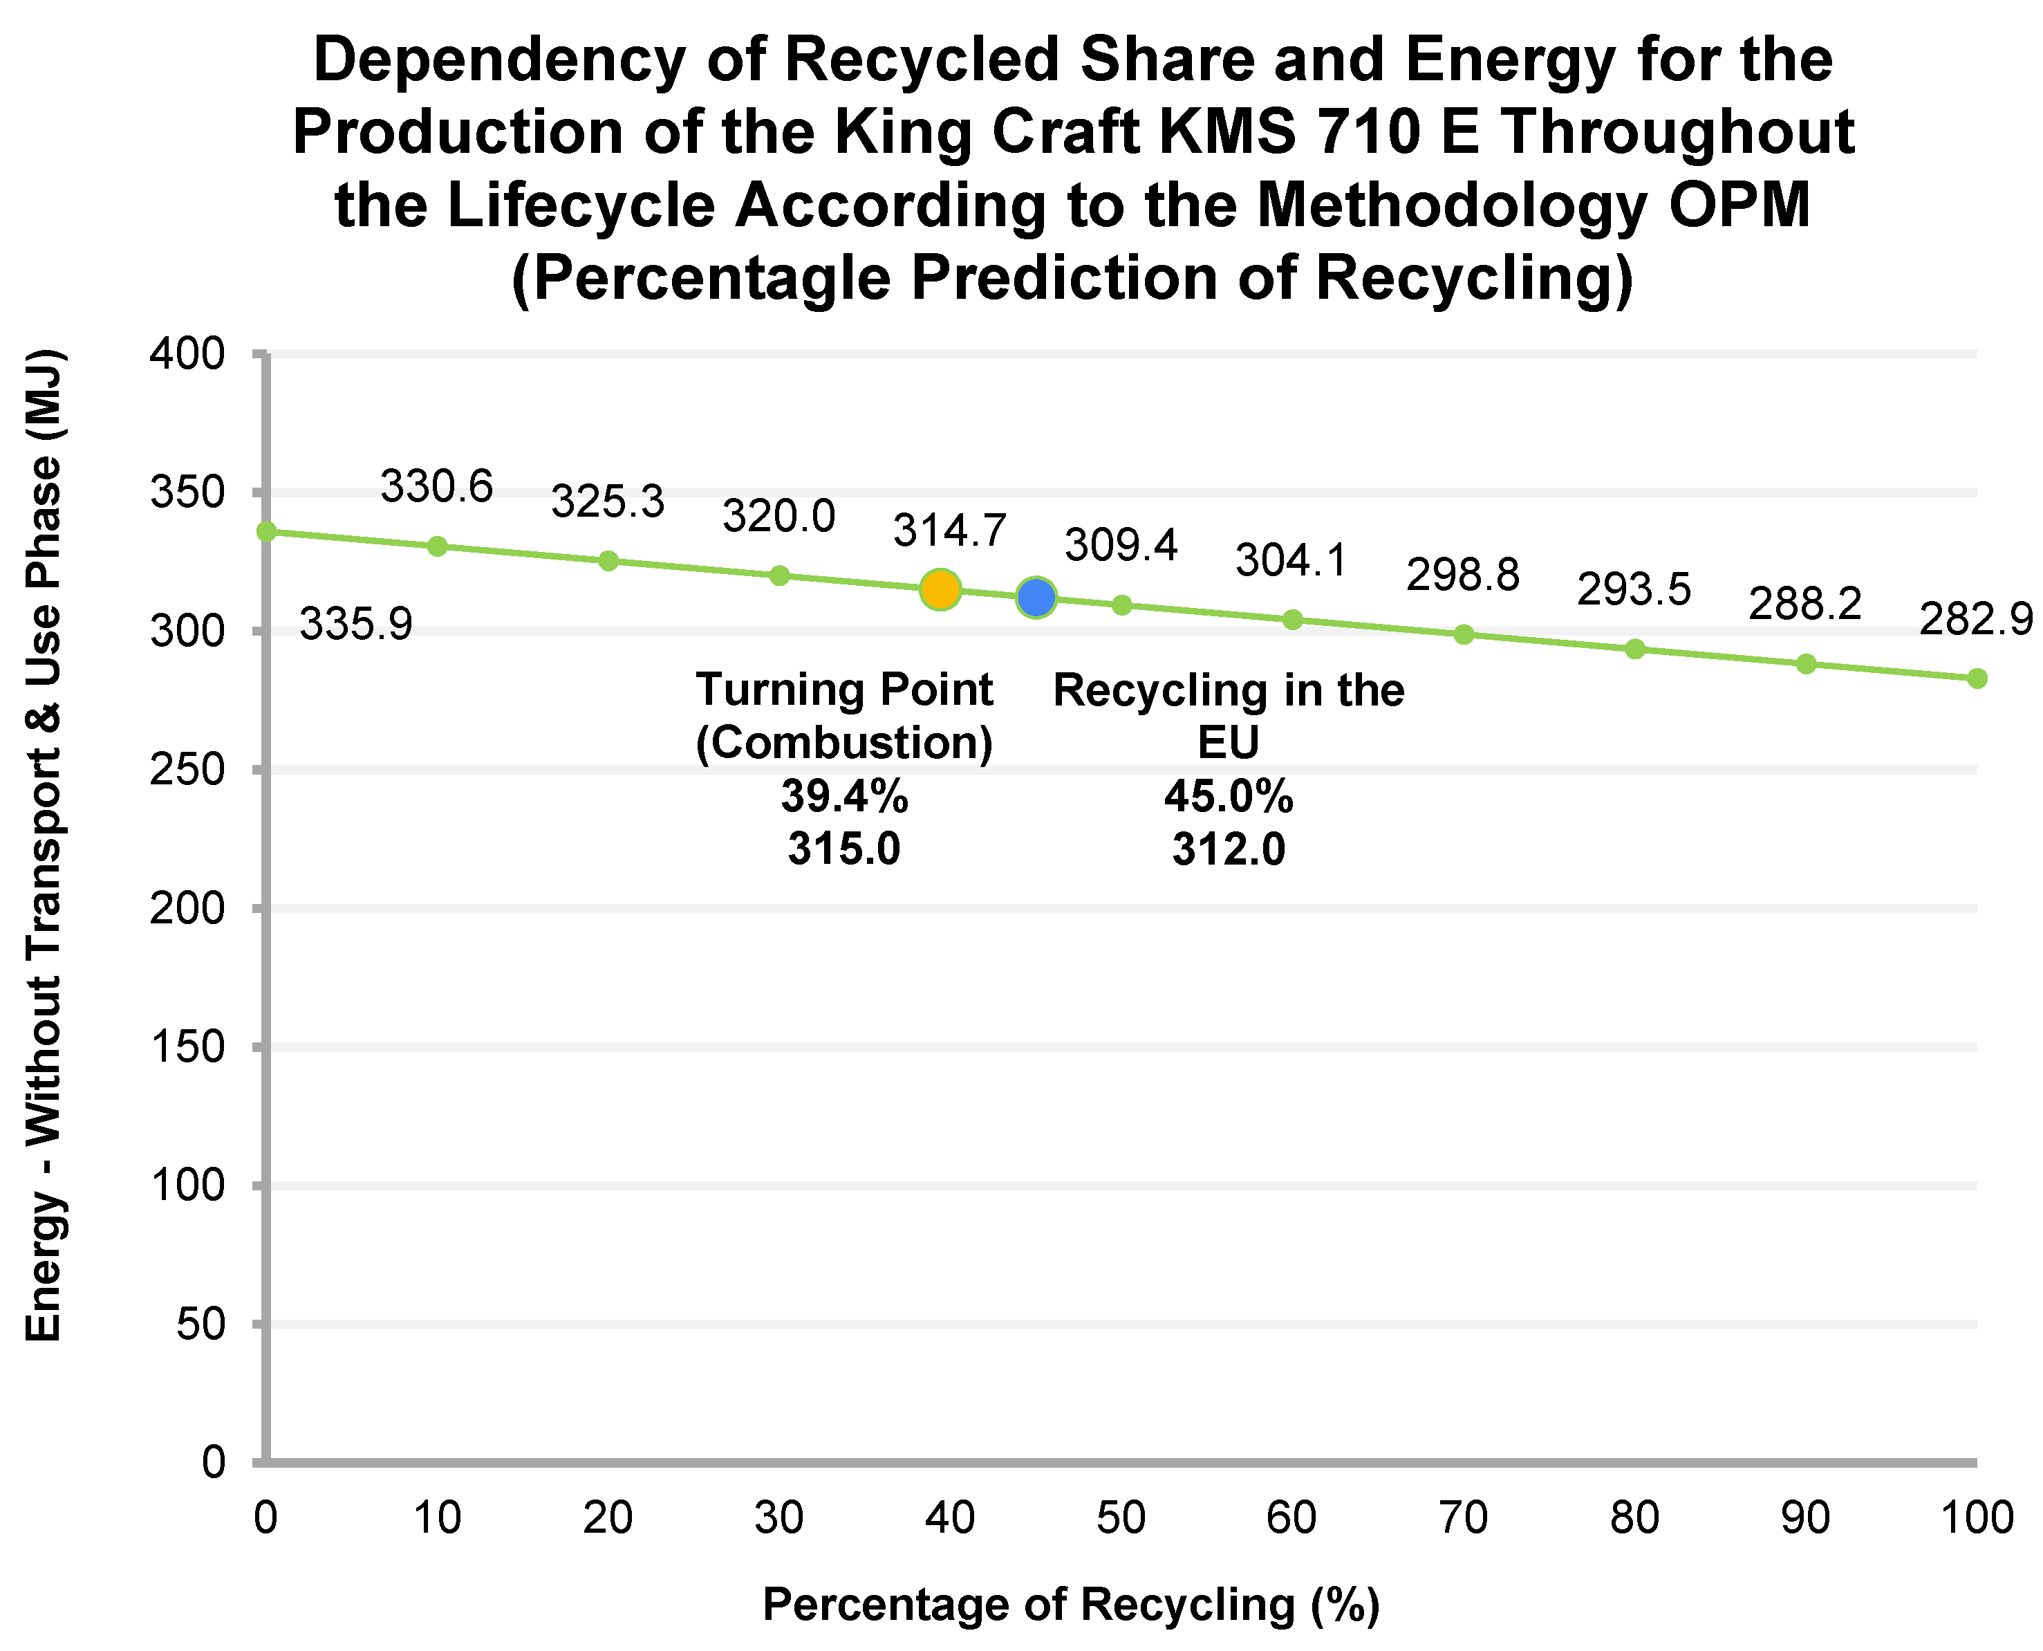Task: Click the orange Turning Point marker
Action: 940,589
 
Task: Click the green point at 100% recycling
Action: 1977,678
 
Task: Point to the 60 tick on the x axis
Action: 1292,1518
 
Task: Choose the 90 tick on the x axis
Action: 1804,1518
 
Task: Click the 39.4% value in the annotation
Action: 844,795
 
